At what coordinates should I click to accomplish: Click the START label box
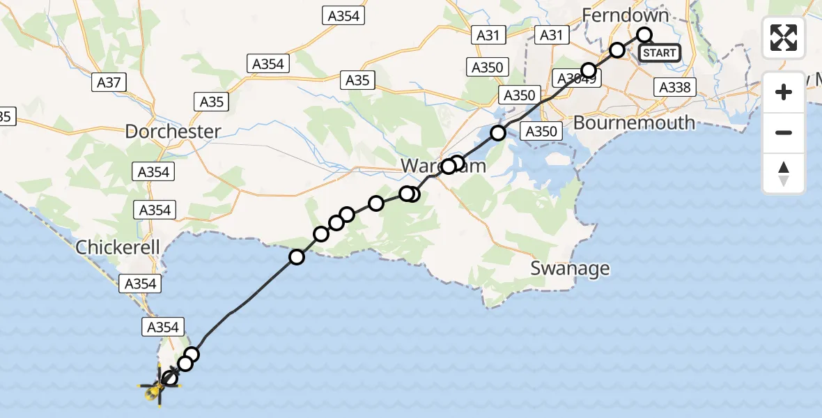coord(658,53)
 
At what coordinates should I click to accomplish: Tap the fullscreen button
coord(784,38)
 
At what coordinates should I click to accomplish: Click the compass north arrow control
coord(784,174)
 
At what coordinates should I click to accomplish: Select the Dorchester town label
coord(173,131)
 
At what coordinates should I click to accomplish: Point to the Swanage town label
coord(570,268)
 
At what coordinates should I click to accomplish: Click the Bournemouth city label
coord(634,123)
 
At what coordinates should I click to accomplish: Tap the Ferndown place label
coord(625,15)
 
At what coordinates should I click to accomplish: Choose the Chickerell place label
coord(118,247)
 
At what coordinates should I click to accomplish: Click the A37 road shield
coord(109,83)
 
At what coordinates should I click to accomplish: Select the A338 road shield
coord(674,86)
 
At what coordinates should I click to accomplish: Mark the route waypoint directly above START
coord(644,35)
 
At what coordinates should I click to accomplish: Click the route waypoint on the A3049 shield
coord(589,70)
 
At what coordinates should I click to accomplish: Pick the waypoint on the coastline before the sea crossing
coord(297,258)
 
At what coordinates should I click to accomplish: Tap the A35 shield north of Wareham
coord(357,80)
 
